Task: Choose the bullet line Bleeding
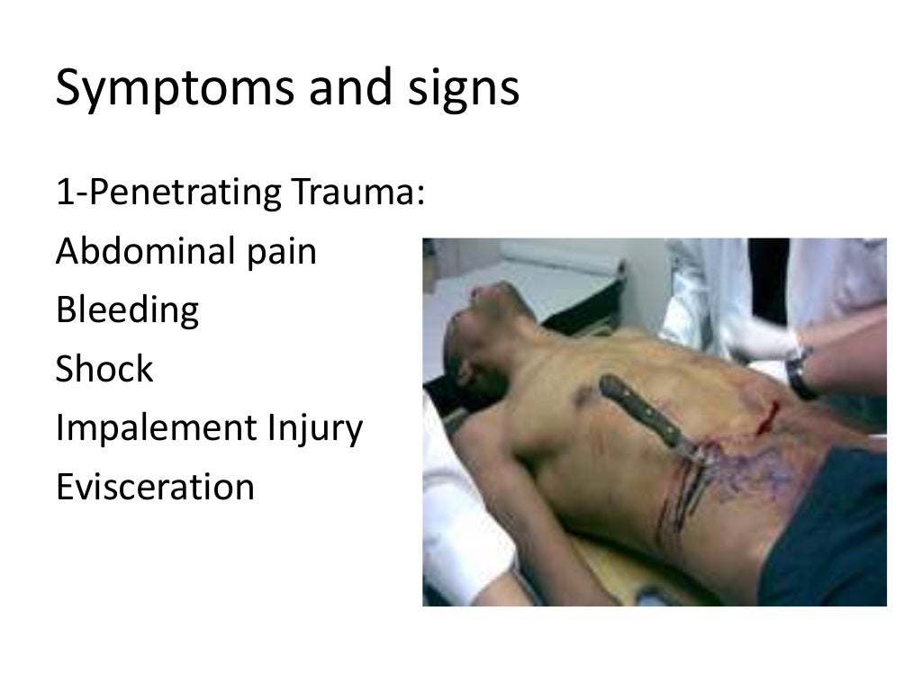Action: [x=127, y=311]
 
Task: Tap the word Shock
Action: [x=104, y=370]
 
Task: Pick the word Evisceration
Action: [x=155, y=488]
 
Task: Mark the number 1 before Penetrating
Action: [x=62, y=193]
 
